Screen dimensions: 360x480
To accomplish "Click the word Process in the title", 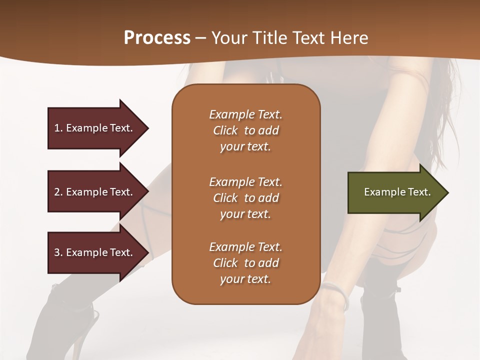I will pos(157,38).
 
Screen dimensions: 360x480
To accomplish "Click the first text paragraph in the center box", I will pos(245,130).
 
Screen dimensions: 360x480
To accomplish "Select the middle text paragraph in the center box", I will pos(245,198).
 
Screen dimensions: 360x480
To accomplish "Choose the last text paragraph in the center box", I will pos(245,263).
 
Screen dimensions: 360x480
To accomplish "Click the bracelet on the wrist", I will pos(335,292).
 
